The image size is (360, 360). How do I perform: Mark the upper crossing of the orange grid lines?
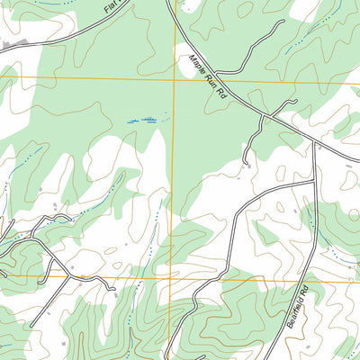pyautogui.click(x=173, y=78)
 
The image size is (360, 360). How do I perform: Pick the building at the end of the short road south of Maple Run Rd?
pyautogui.click(x=247, y=165)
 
